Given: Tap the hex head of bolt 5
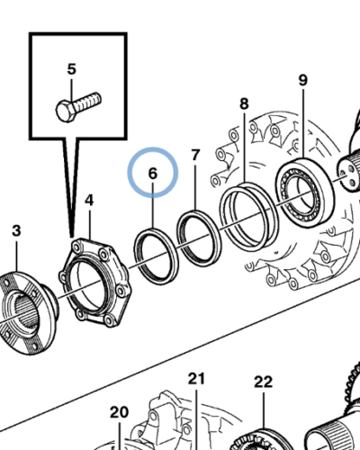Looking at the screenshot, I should point(63,112).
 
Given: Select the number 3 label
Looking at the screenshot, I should point(15,231).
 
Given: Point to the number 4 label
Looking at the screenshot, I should point(88,200).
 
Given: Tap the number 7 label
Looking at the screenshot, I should point(195,157).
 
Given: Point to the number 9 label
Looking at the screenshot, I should point(302,80).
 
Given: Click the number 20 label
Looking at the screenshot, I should point(119,412).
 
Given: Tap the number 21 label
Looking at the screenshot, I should point(197,378).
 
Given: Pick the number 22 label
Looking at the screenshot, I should point(262,382).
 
